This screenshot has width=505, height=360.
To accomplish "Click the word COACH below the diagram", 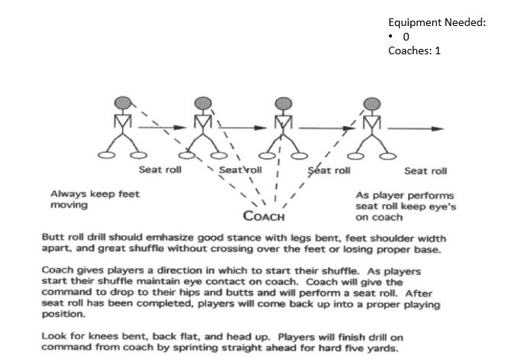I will coord(264,216).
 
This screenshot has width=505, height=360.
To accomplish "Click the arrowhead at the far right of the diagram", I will coord(442,128).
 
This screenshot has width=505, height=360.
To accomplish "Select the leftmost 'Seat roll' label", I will coord(160,169).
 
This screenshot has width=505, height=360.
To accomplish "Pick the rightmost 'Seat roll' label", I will coord(426,171).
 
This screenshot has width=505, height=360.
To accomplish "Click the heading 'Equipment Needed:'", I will coord(436,23).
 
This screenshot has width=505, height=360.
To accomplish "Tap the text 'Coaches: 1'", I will coord(414,51).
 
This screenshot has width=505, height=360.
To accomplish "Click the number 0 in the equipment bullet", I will coord(406,37).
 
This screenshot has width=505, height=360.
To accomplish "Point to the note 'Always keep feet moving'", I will coord(94,199).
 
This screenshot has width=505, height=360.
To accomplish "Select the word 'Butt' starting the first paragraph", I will coord(51,239).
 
